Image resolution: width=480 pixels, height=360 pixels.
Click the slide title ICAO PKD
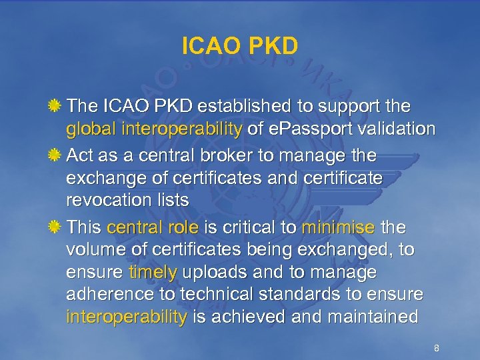tap(239, 46)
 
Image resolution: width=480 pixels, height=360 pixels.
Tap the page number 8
tap(436, 349)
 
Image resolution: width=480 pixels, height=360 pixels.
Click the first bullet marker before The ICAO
tap(57, 106)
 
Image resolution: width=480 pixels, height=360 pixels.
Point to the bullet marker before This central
tap(57, 228)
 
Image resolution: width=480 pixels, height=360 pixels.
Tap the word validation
tap(397, 128)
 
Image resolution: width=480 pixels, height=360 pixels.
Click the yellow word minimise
tap(338, 228)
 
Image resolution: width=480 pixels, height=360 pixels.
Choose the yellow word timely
tap(155, 273)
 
